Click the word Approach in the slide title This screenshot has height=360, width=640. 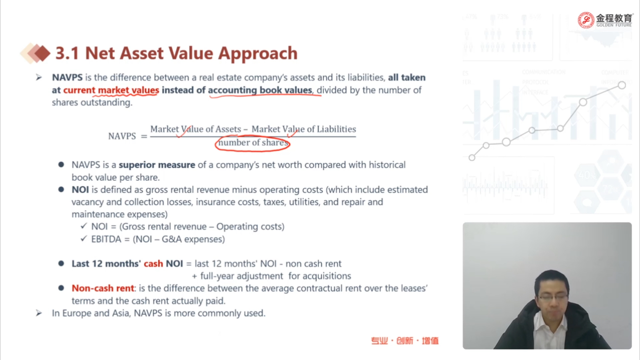click(x=258, y=53)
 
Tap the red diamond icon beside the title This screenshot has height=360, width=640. click(x=42, y=53)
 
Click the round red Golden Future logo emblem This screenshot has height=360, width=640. click(x=586, y=20)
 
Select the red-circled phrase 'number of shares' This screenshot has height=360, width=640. click(x=253, y=143)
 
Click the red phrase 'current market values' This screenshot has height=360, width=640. click(x=111, y=90)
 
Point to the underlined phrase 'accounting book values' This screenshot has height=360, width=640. click(x=260, y=90)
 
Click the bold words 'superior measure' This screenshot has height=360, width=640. click(x=157, y=165)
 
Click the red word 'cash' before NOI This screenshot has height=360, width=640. click(x=154, y=264)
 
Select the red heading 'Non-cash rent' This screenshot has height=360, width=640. click(x=103, y=288)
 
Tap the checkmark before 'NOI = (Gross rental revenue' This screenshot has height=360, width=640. click(x=84, y=226)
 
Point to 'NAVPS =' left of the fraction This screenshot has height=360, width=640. click(x=128, y=136)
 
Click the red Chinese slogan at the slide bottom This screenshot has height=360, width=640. click(x=405, y=341)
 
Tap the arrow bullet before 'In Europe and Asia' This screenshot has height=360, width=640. click(x=39, y=314)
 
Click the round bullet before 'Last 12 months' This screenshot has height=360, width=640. click(x=61, y=263)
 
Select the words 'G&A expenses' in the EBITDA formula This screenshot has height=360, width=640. click(x=193, y=239)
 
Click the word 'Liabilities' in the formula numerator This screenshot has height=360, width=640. click(x=336, y=129)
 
